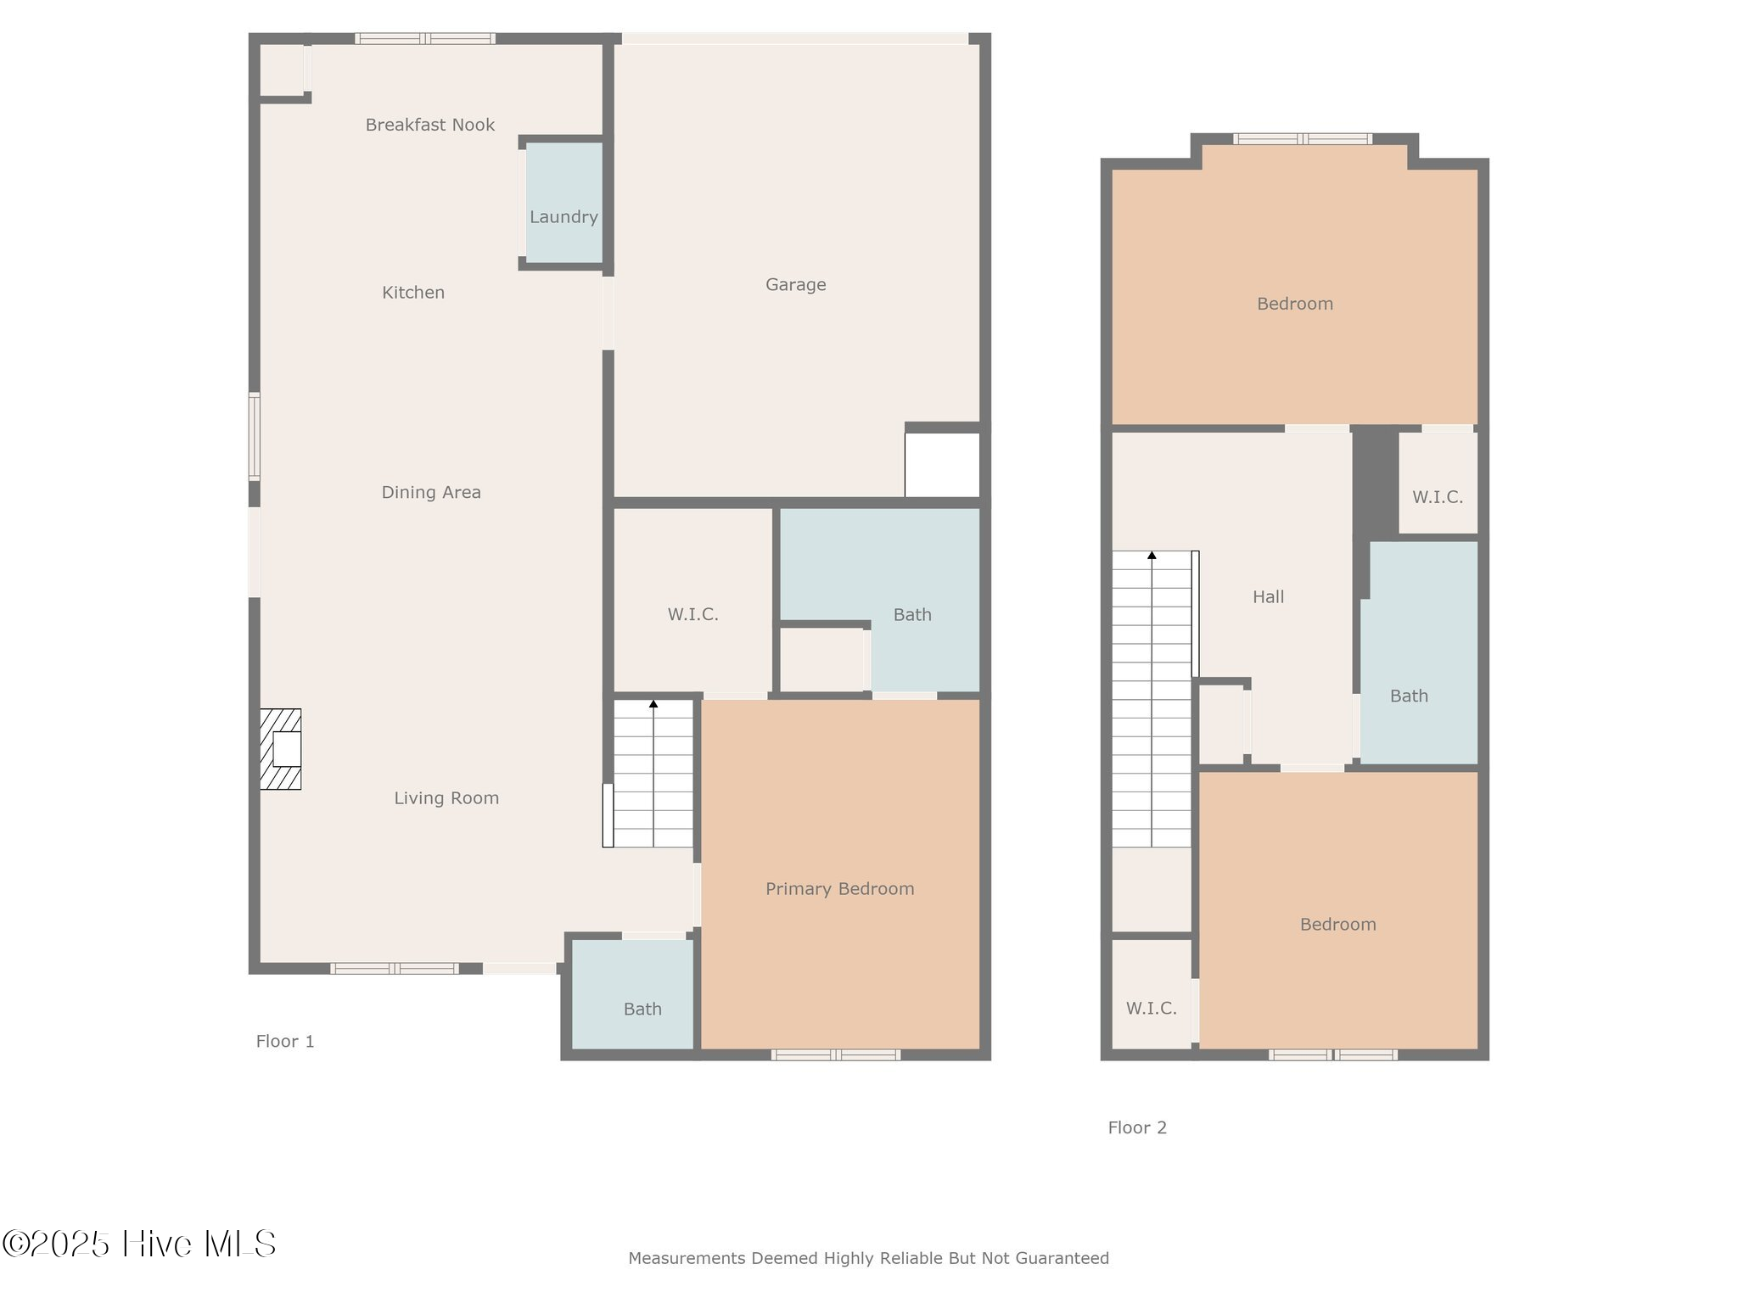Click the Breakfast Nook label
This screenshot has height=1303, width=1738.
(429, 125)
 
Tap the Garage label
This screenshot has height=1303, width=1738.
(795, 285)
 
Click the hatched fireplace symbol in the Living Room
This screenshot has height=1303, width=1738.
(281, 749)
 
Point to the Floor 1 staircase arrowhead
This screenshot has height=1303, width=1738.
(653, 704)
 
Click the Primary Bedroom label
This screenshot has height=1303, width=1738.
(839, 889)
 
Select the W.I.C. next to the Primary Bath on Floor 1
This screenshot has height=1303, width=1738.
(692, 614)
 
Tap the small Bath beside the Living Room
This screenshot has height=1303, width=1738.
(642, 1009)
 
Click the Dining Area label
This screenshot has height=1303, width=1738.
(431, 492)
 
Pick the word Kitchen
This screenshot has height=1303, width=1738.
(413, 293)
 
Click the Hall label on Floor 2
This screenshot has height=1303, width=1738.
(1268, 597)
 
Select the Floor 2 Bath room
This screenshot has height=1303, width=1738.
(1409, 696)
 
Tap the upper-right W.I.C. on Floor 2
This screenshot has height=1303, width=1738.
(1438, 497)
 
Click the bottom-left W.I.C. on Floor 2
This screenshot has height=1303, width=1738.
(1151, 1008)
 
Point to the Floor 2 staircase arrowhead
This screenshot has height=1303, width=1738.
(1152, 556)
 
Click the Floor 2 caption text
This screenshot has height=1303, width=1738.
(1137, 1127)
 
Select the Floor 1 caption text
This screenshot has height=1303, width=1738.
(285, 1041)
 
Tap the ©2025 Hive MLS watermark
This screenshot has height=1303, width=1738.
(139, 1244)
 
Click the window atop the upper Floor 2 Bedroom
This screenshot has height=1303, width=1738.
(1303, 139)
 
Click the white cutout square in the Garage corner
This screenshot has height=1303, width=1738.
(942, 465)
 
